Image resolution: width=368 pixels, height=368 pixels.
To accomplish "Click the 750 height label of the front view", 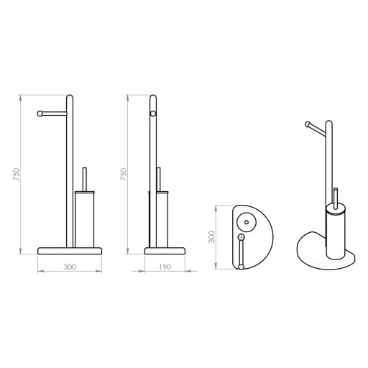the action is tap(16, 175).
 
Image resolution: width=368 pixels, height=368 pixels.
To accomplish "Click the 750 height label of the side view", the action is tap(124, 175).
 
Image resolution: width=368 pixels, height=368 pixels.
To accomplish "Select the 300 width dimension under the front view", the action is tap(70, 267).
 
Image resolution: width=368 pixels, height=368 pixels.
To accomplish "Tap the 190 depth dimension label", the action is tap(165, 267).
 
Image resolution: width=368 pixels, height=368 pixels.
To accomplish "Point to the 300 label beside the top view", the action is tap(211, 236).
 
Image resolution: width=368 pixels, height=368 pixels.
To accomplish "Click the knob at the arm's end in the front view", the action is tap(40, 114).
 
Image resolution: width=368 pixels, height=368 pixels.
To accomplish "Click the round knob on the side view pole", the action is tap(153, 114).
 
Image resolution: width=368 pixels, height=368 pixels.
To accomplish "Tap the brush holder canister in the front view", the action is tap(85, 219).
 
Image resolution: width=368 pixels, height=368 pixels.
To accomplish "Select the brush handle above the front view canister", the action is tap(84, 179).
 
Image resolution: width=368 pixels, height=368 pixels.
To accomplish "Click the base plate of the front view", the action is tap(70, 251).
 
